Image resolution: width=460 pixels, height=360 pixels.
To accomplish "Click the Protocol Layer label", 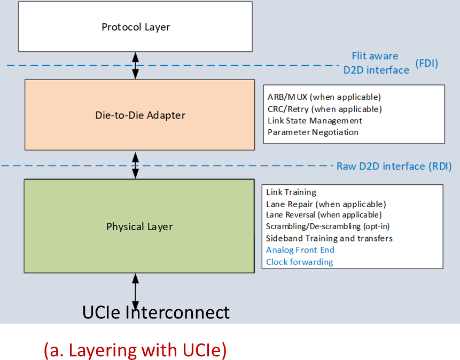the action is pos(136,27).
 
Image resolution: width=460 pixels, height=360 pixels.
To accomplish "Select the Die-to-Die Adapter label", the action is pos(140,115).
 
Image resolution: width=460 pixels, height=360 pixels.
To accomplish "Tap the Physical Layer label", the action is pos(139,226).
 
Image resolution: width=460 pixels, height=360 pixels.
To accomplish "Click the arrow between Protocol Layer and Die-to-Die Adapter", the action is pos(135,65).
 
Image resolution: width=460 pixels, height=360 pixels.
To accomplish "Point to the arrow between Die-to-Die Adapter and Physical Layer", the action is pos(135,166).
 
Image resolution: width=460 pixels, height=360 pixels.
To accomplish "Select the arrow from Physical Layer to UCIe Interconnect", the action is pos(135,292).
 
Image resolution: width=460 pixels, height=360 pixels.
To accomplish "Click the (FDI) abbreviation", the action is pos(426,64).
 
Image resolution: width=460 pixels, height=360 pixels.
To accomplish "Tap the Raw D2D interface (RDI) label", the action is pos(394,166).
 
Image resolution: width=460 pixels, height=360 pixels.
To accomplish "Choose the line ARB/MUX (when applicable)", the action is pos(324,97).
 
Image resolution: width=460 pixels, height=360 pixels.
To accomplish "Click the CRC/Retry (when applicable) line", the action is pos(325,109).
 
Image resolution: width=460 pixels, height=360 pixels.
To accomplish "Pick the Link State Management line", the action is pos(315,121).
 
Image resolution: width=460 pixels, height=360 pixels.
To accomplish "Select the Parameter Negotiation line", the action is pos(313,132).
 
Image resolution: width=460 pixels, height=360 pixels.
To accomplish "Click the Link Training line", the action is pos(291,192).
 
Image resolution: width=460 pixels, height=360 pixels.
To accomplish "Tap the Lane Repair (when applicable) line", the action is pos(326,204).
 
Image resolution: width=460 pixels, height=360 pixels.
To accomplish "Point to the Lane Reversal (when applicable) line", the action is pos(324,215).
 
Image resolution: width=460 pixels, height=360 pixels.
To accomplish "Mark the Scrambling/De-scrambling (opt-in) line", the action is pos(328,226).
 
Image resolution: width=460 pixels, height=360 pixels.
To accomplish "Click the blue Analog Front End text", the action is pos(300,250).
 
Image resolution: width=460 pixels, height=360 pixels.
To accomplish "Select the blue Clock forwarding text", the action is pos(300,262).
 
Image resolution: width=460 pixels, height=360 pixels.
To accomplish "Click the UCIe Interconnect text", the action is pos(156,312).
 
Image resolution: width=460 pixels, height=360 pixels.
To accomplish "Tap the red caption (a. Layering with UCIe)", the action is pos(135,350).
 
